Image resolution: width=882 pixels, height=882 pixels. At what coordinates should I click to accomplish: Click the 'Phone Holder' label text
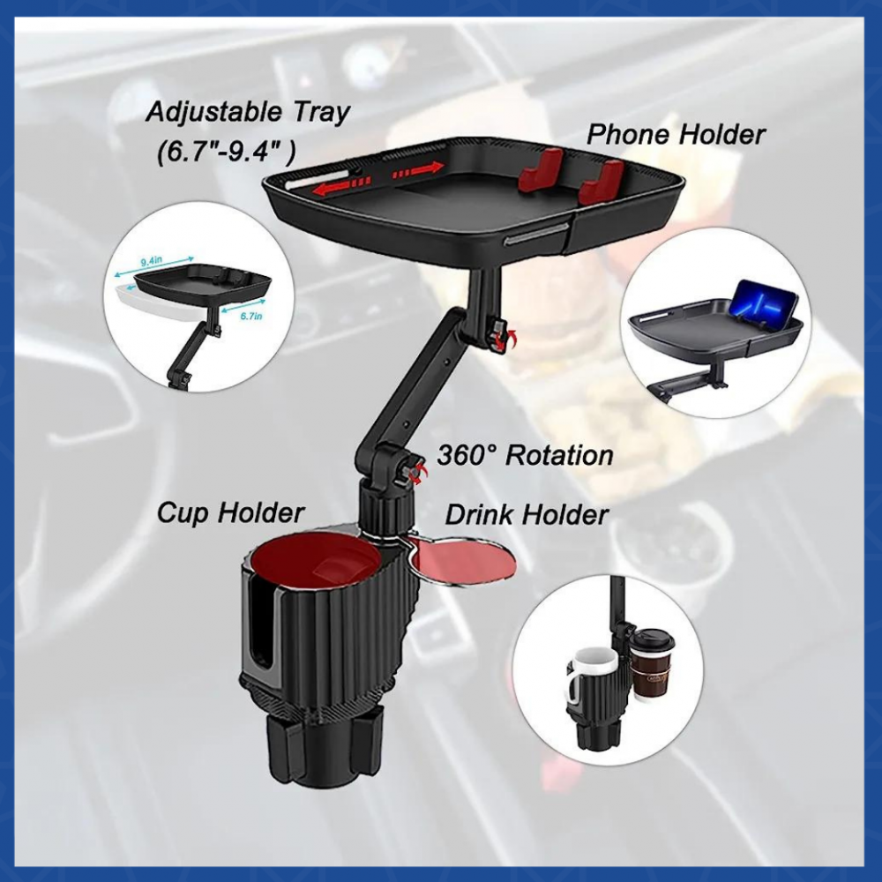(x=676, y=135)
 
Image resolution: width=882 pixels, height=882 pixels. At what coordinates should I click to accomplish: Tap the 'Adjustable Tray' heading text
(x=248, y=112)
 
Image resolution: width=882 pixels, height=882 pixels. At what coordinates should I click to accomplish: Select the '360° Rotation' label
(x=525, y=455)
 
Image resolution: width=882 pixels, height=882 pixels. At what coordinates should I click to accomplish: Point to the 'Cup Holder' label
(x=230, y=513)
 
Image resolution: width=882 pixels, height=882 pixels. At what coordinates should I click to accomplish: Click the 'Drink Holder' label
(x=527, y=514)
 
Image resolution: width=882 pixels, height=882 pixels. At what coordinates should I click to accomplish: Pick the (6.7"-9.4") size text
(x=226, y=151)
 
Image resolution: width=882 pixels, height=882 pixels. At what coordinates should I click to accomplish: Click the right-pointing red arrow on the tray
(x=418, y=170)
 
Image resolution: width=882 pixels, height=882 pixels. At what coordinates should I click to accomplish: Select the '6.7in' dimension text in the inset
(x=250, y=316)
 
